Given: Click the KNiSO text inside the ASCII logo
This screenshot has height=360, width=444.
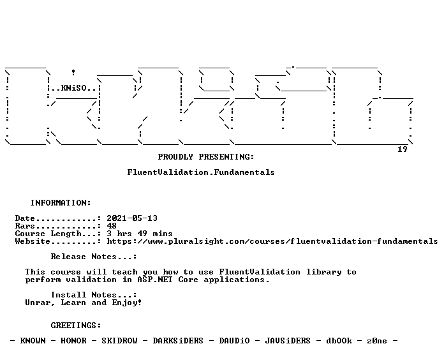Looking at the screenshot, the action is point(74,88).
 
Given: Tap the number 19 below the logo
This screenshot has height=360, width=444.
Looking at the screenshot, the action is point(403,149).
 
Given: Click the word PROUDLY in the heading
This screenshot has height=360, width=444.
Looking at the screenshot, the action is point(175,157).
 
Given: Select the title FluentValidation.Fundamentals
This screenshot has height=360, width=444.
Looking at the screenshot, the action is point(201,172).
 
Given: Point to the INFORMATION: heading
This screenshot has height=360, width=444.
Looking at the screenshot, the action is point(61,203).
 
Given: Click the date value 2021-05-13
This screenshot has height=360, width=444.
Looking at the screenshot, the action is point(132,218).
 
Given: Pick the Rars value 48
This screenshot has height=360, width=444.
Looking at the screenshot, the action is point(112,226).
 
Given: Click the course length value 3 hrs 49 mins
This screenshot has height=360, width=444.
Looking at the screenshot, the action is point(140,234).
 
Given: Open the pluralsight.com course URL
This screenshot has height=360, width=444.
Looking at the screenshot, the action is point(272,241).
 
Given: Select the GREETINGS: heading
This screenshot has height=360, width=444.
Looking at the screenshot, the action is point(76,325).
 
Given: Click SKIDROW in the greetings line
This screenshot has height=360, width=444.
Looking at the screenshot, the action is point(119,340).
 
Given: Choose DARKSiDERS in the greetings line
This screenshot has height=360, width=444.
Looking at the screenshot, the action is point(178,340).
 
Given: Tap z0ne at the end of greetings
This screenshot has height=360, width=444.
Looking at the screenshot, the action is point(377,340).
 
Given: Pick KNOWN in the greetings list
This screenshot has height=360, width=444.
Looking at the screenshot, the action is point(33,340).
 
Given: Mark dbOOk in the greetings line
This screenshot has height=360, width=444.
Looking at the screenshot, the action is point(339,340).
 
